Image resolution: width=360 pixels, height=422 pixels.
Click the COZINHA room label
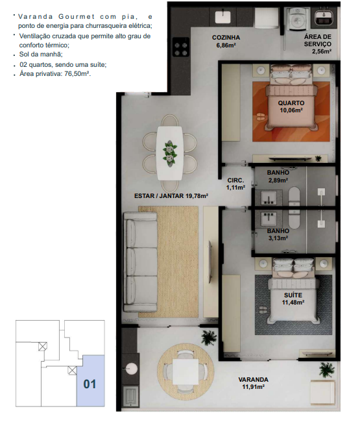pos(226,38)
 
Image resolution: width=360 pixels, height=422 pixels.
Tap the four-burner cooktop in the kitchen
pos(181,47)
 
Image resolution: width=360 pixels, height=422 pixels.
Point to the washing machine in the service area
pos(297,18)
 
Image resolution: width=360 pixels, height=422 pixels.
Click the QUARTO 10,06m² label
pos(291,106)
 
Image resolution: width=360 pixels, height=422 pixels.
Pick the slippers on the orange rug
pos(260,117)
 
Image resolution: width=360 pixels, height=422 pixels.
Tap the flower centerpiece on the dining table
pos(170,153)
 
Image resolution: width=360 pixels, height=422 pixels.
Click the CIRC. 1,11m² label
pos(236,184)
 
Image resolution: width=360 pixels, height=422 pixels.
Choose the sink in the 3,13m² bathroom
pos(269,218)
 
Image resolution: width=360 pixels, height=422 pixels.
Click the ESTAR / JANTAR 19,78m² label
pos(171,196)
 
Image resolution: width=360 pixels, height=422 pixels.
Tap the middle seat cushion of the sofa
pos(142,262)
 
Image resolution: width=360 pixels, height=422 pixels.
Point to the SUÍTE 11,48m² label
pos(293,299)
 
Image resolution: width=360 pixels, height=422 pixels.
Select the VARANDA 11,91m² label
pos(253,383)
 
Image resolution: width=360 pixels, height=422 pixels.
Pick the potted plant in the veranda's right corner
pos(327,369)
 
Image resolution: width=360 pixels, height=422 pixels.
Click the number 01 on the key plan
pos(90,384)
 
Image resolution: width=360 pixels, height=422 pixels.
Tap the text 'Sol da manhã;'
pos(41,55)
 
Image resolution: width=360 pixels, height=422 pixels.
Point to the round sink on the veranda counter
pos(132,368)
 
